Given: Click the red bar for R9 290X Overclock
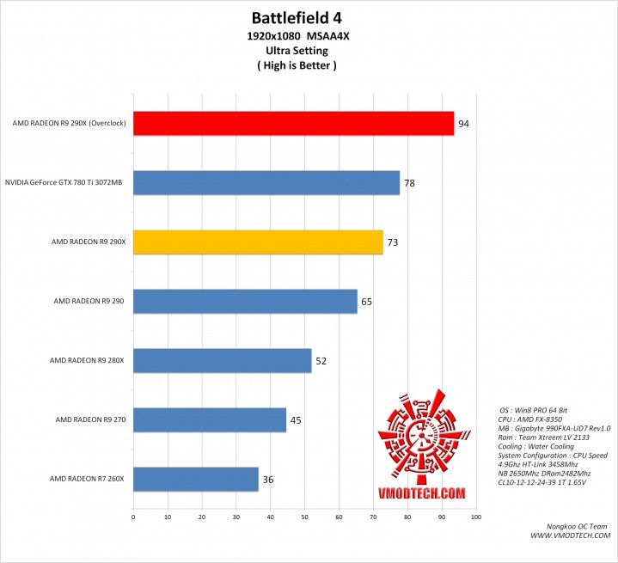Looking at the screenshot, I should click(x=293, y=124).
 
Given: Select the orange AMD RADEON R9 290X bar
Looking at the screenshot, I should click(x=258, y=242).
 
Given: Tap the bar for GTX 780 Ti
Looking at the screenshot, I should click(x=266, y=183).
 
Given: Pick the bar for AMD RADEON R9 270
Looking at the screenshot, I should click(x=210, y=420).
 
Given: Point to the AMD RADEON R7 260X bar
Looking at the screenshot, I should click(x=196, y=479).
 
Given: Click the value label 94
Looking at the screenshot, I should click(x=463, y=125).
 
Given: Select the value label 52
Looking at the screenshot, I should click(x=321, y=361).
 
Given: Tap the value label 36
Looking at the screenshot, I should click(x=268, y=480).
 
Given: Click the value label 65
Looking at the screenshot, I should click(x=367, y=302).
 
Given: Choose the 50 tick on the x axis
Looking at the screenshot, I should click(x=305, y=517).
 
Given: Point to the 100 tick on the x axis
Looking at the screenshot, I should click(x=476, y=517).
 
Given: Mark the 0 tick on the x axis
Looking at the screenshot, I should click(x=133, y=517).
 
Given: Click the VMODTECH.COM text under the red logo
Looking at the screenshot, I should click(x=422, y=493).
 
